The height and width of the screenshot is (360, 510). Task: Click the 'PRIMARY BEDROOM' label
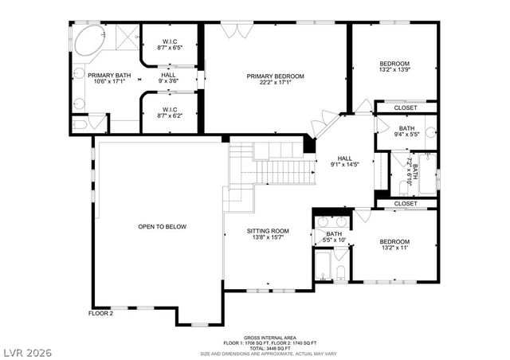(275, 76)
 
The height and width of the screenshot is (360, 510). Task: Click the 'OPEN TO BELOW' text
(162, 227)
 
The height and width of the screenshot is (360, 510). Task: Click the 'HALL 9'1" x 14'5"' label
(344, 161)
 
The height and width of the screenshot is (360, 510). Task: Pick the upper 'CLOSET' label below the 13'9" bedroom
(406, 108)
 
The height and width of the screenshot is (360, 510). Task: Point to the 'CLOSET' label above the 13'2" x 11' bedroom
(406, 204)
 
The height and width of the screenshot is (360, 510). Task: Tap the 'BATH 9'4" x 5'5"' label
(406, 131)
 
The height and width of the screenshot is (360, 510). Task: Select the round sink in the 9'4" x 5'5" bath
(430, 133)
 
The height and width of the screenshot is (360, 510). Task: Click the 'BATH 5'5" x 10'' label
(335, 237)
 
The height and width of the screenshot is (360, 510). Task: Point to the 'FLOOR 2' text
(100, 314)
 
